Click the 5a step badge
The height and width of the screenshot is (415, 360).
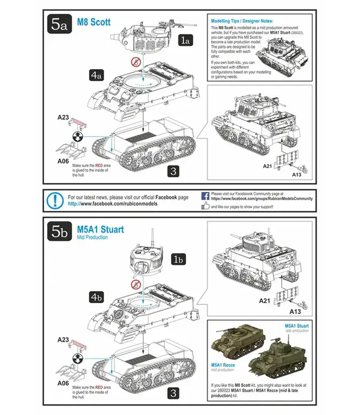pyautogui.click(x=60, y=24)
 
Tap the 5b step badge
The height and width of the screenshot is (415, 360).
pyautogui.click(x=60, y=232)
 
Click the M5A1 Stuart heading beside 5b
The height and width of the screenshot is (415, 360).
pyautogui.click(x=100, y=229)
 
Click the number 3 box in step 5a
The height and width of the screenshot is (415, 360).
pyautogui.click(x=173, y=172)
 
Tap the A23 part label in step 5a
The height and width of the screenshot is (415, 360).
pyautogui.click(x=63, y=118)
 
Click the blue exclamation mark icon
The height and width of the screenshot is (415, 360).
pyautogui.click(x=55, y=200)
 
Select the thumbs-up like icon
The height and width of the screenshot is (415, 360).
pyautogui.click(x=206, y=206)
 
